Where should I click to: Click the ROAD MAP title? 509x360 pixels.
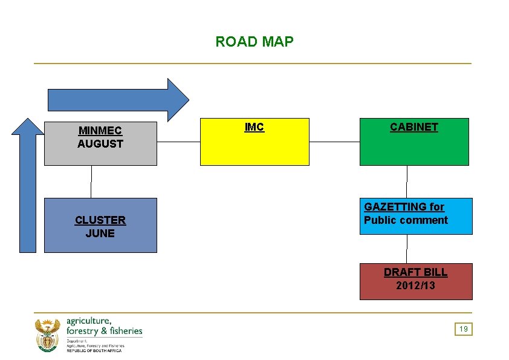click(254, 42)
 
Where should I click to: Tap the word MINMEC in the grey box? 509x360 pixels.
click(100, 131)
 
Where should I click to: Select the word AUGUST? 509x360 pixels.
click(100, 144)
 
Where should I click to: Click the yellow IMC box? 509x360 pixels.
click(254, 148)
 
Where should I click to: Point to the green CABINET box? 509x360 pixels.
click(414, 148)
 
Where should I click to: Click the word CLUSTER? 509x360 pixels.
click(100, 220)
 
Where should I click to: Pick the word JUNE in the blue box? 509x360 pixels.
click(100, 234)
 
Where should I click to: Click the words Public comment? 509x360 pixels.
click(406, 220)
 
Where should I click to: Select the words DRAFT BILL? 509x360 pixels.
click(416, 272)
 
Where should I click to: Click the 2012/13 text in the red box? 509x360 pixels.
click(416, 286)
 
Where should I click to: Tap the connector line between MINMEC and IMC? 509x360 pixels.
click(178, 142)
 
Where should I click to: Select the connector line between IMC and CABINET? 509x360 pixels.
click(334, 142)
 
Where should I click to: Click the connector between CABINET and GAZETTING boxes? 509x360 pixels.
click(407, 182)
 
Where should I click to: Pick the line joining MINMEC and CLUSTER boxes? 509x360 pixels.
click(91, 182)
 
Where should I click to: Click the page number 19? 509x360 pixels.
click(464, 329)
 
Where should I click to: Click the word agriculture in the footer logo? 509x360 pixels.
click(88, 321)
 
